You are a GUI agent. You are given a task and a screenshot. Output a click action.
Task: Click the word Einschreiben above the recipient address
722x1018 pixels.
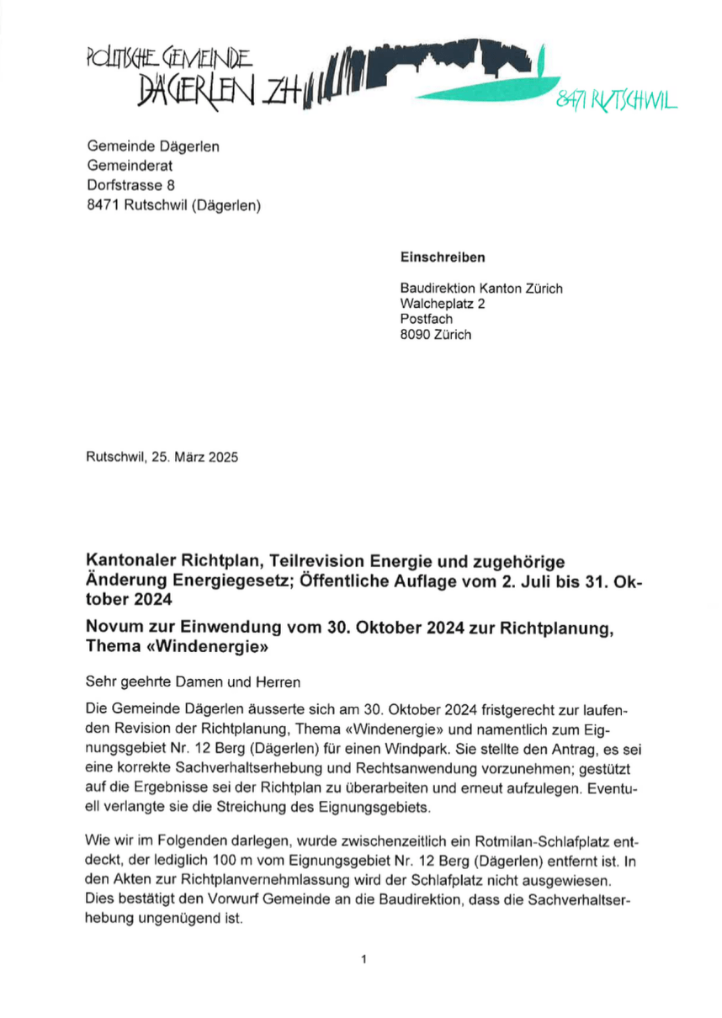(x=442, y=258)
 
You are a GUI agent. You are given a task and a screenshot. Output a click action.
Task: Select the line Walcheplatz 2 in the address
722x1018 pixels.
(x=443, y=304)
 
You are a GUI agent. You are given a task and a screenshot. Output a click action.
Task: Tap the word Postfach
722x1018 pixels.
(x=426, y=319)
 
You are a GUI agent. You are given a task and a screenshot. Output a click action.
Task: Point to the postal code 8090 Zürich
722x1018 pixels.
(x=436, y=334)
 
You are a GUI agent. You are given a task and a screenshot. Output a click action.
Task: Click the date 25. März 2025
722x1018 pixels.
(x=195, y=459)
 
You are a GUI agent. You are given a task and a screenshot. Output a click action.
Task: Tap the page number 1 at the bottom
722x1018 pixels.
(x=363, y=958)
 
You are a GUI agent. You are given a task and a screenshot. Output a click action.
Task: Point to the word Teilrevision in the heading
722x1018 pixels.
(x=321, y=560)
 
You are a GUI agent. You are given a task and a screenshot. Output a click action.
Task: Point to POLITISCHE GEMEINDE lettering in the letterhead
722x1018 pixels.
(x=168, y=59)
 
